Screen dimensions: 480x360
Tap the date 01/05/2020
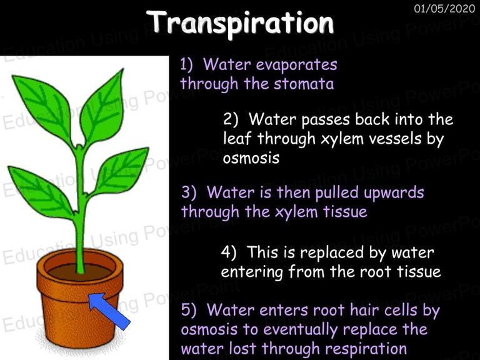coord(444,8)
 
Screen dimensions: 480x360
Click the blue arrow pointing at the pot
coord(109,311)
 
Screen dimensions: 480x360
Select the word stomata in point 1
coord(304,84)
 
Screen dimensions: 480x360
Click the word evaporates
coord(296,64)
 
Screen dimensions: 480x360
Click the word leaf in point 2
coord(237,138)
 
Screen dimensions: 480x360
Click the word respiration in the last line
coord(366,349)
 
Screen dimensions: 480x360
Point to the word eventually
coord(301,329)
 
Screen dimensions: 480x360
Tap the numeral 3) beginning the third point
coord(189,193)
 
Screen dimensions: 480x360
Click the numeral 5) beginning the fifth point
coord(189,310)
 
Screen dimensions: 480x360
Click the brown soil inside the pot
coord(80,271)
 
